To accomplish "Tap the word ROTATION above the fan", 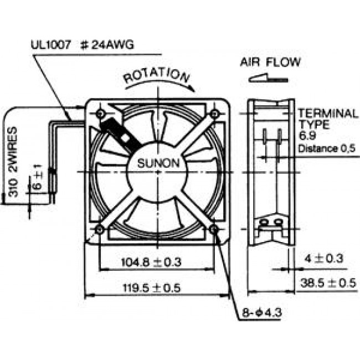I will tap(155, 76).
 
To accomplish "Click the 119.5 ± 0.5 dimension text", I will tap(153, 287).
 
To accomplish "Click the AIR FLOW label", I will tap(271, 61).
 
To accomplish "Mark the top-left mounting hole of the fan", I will tap(100, 114).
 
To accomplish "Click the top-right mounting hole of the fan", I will tap(214, 114).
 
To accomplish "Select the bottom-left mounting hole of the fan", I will tap(100, 229).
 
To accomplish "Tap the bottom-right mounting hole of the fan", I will tap(214, 229).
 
